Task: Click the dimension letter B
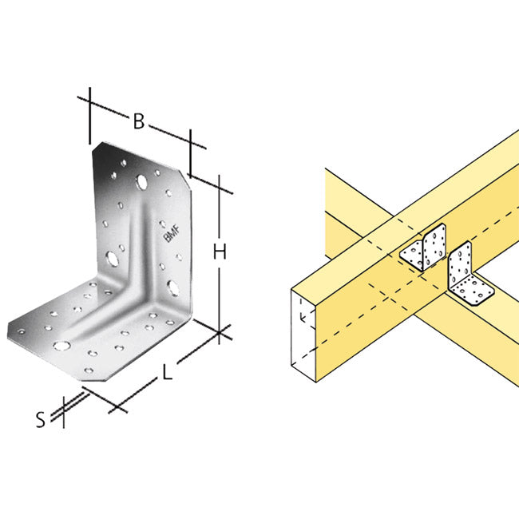pos(138,122)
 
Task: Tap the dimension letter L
pos(164,373)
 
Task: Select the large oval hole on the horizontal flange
pos(61,346)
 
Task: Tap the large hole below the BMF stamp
pos(173,285)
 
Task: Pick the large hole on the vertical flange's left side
pos(113,259)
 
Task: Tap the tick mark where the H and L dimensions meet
pos(221,331)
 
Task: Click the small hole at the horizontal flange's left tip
pos(20,328)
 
